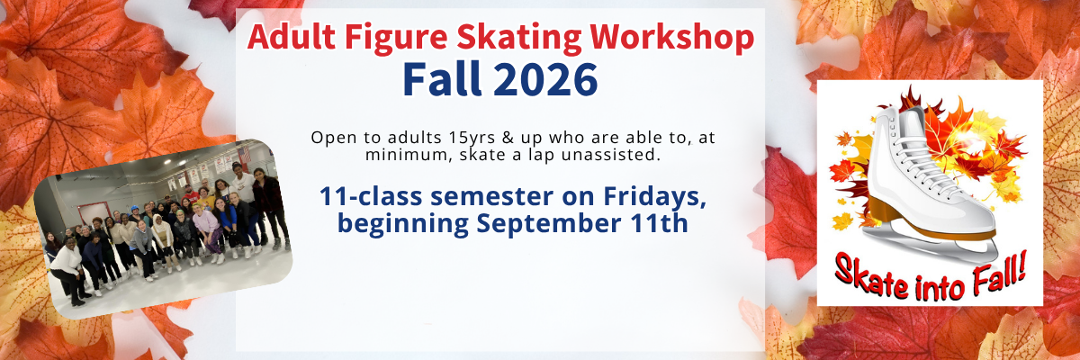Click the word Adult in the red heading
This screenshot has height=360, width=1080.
(x=292, y=38)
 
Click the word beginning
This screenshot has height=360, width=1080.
(x=402, y=224)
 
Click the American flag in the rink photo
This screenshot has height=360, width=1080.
(x=244, y=154)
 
